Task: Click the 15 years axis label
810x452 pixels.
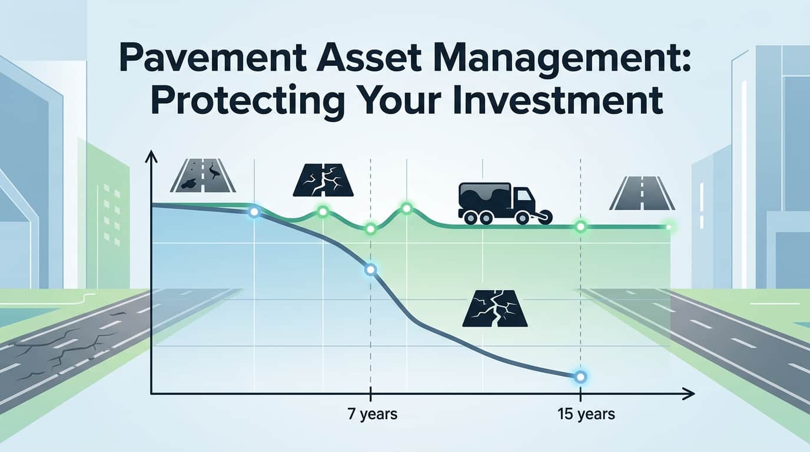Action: (x=586, y=414)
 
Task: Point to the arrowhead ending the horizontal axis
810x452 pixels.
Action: (x=690, y=394)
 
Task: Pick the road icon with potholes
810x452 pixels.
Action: (x=203, y=177)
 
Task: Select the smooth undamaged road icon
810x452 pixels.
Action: (x=642, y=195)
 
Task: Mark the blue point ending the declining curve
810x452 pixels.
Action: (x=581, y=377)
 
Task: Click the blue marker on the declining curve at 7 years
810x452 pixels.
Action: (x=370, y=270)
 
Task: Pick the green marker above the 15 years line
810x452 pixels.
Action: (x=581, y=227)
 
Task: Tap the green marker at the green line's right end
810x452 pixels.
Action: (x=668, y=227)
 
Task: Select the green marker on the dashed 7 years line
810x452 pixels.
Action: (x=370, y=229)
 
